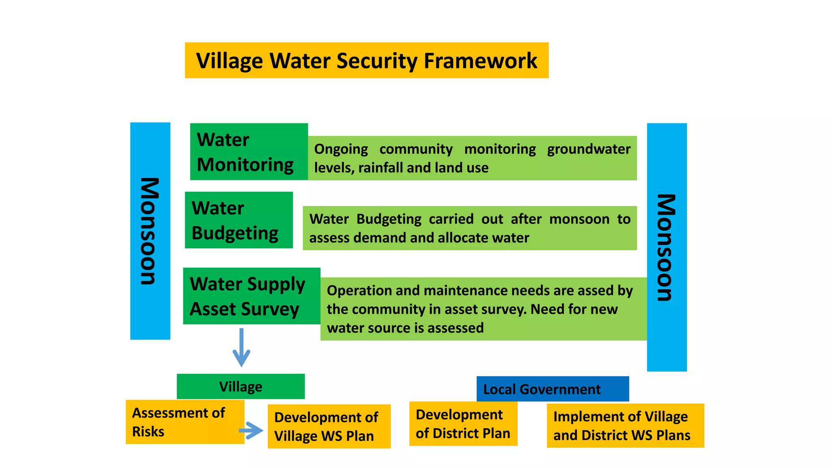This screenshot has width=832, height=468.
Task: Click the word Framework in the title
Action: pyautogui.click(x=480, y=61)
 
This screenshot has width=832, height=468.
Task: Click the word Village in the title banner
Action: pyautogui.click(x=230, y=61)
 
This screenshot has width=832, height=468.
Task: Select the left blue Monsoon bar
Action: pyautogui.click(x=150, y=231)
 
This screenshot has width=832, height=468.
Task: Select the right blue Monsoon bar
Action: pyautogui.click(x=667, y=247)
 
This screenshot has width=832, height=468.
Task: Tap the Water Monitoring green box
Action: pyautogui.click(x=249, y=152)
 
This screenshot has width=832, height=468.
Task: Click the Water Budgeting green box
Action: pyautogui.click(x=238, y=220)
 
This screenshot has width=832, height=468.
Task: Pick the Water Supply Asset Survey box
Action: pyautogui.click(x=251, y=296)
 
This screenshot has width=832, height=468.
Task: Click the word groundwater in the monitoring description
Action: pyautogui.click(x=589, y=149)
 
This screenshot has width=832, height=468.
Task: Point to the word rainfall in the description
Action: pyautogui.click(x=381, y=168)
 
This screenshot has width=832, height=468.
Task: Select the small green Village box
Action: pyautogui.click(x=240, y=386)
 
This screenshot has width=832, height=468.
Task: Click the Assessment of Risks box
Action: pyautogui.click(x=185, y=422)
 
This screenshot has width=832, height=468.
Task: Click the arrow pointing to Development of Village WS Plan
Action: pyautogui.click(x=251, y=430)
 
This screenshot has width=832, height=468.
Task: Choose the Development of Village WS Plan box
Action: pyautogui.click(x=329, y=426)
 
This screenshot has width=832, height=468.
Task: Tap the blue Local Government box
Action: pyautogui.click(x=552, y=389)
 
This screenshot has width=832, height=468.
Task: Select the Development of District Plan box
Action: pyautogui.click(x=463, y=424)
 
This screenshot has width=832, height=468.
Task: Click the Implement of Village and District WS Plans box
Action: pyautogui.click(x=625, y=425)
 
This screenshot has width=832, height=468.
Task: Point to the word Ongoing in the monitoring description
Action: pyautogui.click(x=341, y=149)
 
